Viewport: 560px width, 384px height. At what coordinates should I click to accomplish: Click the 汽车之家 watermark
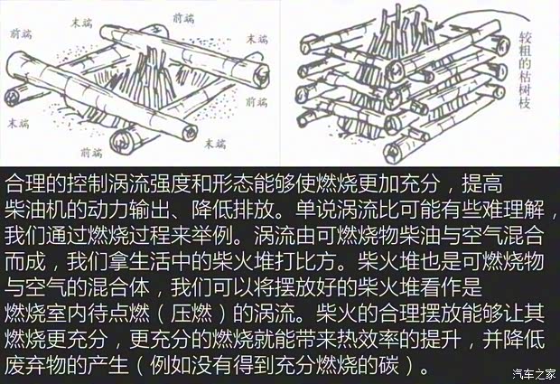(534, 373)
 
